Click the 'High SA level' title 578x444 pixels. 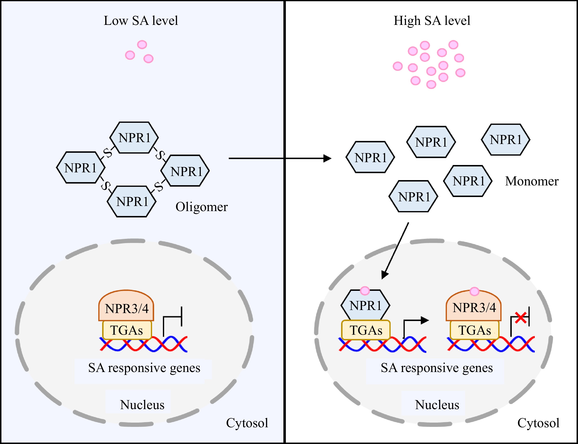click(432, 21)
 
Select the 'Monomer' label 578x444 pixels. click(532, 181)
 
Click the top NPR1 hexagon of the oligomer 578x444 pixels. click(134, 138)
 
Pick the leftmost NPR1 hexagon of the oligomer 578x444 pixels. click(81, 168)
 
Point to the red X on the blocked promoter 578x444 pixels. click(521, 318)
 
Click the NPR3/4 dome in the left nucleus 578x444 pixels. click(126, 307)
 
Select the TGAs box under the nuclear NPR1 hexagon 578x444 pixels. click(366, 330)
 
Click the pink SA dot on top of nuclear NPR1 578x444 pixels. click(365, 291)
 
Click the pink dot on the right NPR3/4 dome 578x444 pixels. click(474, 291)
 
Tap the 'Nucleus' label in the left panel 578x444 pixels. click(142, 405)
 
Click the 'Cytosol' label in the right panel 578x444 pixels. click(538, 423)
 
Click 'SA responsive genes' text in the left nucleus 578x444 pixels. click(144, 368)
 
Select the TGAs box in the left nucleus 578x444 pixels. click(127, 330)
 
